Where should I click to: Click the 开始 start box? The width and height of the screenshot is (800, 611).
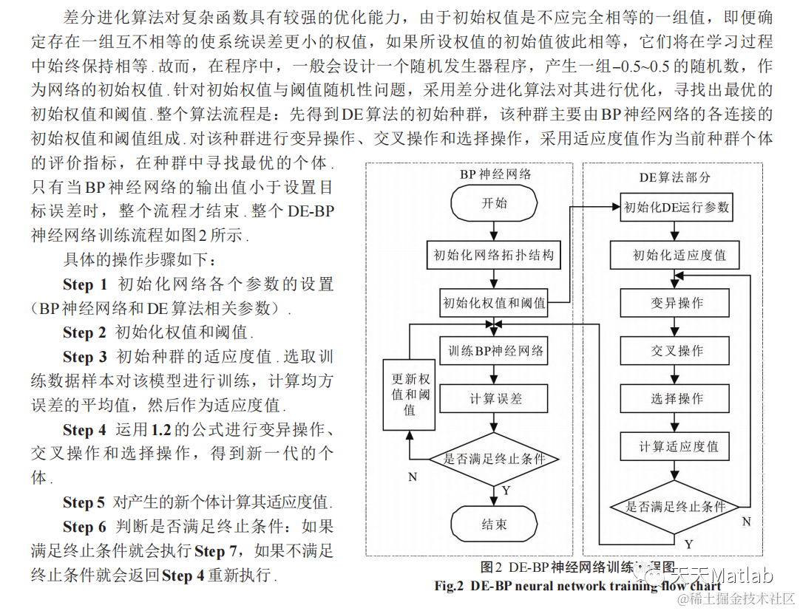(x=494, y=204)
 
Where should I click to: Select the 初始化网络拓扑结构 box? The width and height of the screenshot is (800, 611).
(x=494, y=256)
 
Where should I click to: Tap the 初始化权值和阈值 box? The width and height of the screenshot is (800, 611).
(x=494, y=302)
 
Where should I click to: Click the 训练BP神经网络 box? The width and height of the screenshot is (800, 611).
(x=494, y=350)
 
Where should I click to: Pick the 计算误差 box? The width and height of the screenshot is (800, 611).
(x=494, y=398)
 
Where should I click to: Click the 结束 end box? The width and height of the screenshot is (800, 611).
(x=494, y=525)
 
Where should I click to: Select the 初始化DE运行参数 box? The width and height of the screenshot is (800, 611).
(x=676, y=207)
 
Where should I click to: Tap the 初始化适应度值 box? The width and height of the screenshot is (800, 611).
(x=676, y=256)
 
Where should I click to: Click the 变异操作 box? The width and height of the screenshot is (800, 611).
(x=676, y=303)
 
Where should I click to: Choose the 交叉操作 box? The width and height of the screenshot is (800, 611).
(x=676, y=350)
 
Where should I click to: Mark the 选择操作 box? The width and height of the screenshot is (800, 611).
(x=676, y=398)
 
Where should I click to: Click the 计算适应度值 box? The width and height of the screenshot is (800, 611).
(x=676, y=446)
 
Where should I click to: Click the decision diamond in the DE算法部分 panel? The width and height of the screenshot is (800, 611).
(x=676, y=506)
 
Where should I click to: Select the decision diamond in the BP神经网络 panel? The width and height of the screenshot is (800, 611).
(x=494, y=458)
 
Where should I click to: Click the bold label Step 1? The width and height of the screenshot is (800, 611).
(x=85, y=284)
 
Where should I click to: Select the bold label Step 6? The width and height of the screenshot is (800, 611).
(x=85, y=527)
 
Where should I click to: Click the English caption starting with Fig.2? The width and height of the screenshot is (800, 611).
(x=577, y=586)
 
